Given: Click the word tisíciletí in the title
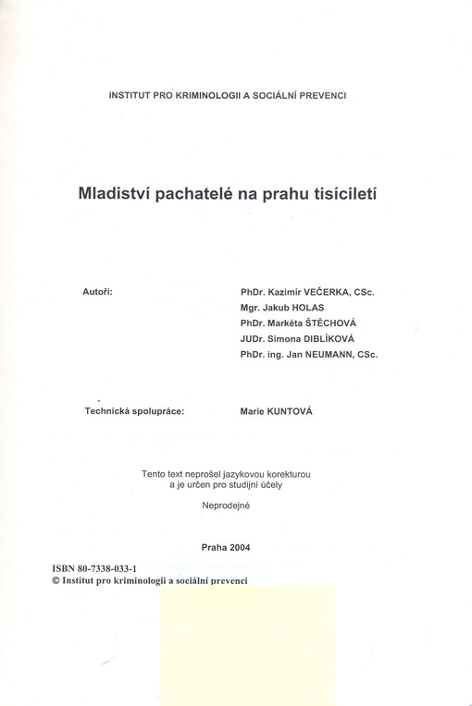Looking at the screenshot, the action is point(342,196).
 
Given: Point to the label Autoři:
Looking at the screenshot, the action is point(98,291).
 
